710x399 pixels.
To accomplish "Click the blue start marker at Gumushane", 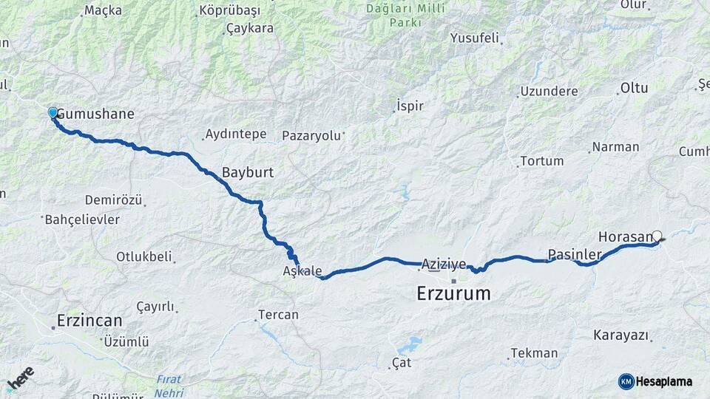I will click(53, 112).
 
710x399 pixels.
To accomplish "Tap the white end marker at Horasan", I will click(657, 236).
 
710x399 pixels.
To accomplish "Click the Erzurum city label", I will click(453, 293).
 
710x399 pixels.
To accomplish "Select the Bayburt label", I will click(248, 172).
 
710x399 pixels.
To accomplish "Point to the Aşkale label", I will click(302, 270).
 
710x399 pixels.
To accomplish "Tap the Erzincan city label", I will click(89, 321).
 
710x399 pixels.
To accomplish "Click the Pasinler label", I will click(574, 255).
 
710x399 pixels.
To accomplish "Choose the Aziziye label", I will click(444, 264).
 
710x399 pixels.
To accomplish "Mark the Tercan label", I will click(278, 315).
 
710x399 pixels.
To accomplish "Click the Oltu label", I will click(634, 88).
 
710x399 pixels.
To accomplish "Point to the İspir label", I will click(410, 106).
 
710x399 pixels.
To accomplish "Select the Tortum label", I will click(541, 161).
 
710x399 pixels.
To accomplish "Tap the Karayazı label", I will click(621, 335).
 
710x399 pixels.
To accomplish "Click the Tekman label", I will click(534, 353).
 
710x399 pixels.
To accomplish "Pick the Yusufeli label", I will click(475, 38).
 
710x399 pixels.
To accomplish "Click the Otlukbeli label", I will click(143, 257).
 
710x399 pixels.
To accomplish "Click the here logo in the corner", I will click(20, 378).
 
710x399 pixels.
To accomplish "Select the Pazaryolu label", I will click(311, 136).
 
